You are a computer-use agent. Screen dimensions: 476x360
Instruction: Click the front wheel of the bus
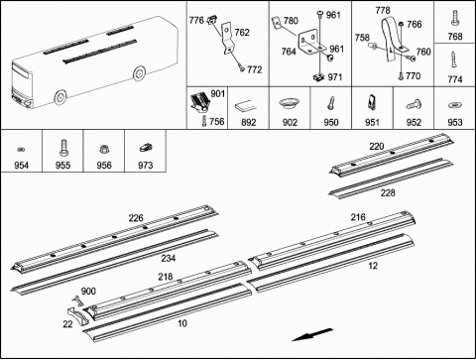click(60, 97)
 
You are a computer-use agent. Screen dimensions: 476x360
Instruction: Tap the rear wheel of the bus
click(139, 73)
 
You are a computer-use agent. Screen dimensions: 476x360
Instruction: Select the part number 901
click(218, 94)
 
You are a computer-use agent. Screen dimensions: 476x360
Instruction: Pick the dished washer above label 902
click(289, 102)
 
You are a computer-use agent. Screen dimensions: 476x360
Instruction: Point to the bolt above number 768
click(455, 18)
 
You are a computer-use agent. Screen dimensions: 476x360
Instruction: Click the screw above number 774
click(454, 60)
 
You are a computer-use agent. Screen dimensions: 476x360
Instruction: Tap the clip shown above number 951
click(372, 102)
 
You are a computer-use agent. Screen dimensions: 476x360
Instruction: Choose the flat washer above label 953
click(455, 105)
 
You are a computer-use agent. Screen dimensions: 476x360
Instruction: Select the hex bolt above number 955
click(62, 148)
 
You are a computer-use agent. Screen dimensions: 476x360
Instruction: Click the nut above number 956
click(104, 150)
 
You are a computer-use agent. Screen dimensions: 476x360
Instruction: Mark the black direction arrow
click(312, 334)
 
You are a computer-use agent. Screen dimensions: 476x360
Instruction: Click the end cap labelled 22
click(78, 316)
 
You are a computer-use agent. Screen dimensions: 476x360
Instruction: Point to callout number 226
click(136, 218)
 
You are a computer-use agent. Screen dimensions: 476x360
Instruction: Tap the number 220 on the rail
click(377, 146)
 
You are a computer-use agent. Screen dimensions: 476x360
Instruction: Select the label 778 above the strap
click(383, 11)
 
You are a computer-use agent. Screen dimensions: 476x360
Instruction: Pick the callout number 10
click(182, 323)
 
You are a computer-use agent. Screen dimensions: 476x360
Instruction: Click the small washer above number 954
click(21, 149)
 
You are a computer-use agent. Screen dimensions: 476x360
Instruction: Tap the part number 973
click(145, 165)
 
